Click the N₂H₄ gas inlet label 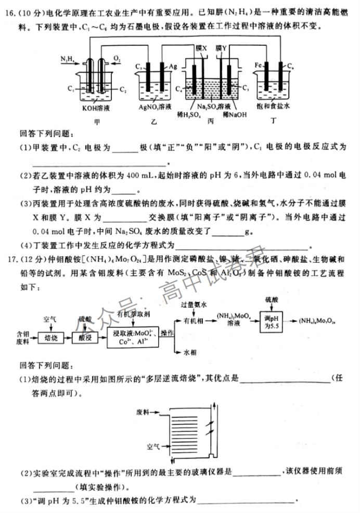[67, 60]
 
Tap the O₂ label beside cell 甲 [117, 60]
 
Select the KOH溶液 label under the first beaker [94, 108]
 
